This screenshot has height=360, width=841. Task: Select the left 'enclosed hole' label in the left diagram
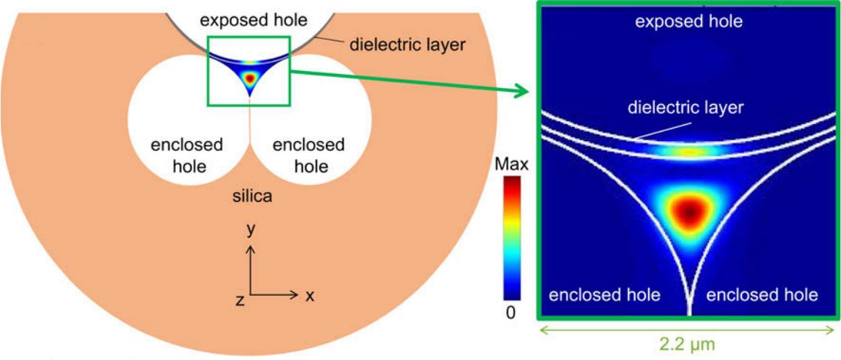tap(187, 154)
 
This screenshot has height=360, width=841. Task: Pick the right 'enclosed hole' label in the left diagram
tap(308, 154)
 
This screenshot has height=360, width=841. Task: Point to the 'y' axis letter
tap(251, 230)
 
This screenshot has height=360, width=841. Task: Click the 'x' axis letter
tap(310, 296)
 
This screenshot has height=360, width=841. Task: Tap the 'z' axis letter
tap(239, 299)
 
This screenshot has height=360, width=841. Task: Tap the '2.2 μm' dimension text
tap(688, 344)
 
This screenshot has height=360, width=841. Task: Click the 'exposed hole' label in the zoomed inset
tap(689, 22)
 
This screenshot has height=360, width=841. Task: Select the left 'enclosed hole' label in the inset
tap(604, 295)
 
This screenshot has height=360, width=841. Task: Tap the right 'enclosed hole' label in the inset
tap(763, 295)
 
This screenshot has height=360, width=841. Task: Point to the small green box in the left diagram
tap(250, 71)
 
